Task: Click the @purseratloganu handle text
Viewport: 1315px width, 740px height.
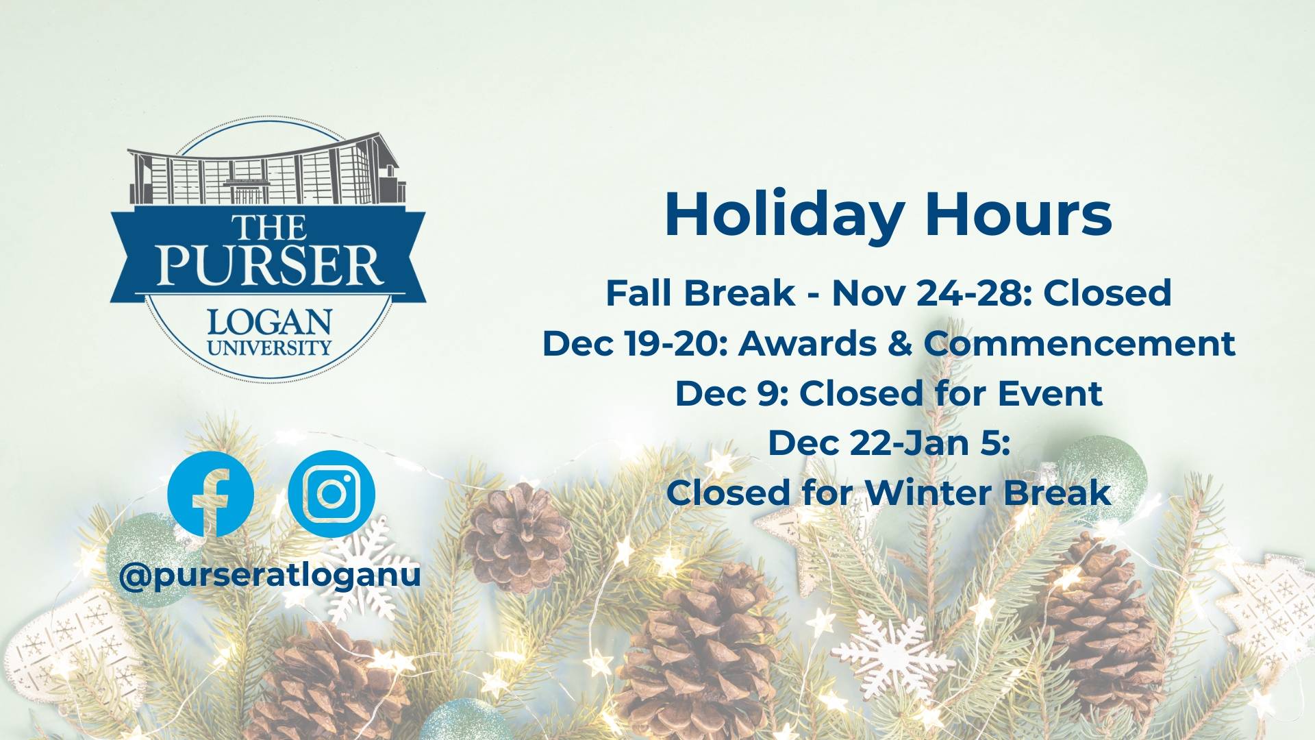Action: click(x=270, y=575)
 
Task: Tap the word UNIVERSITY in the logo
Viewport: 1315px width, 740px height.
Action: click(x=269, y=347)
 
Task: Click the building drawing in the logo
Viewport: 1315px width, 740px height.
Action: click(x=266, y=169)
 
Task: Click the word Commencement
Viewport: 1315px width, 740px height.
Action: click(x=1079, y=343)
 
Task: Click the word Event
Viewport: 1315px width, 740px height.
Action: click(x=1050, y=393)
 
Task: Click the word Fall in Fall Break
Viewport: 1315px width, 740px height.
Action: click(x=640, y=293)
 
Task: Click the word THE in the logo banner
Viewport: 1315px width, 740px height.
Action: click(x=268, y=227)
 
